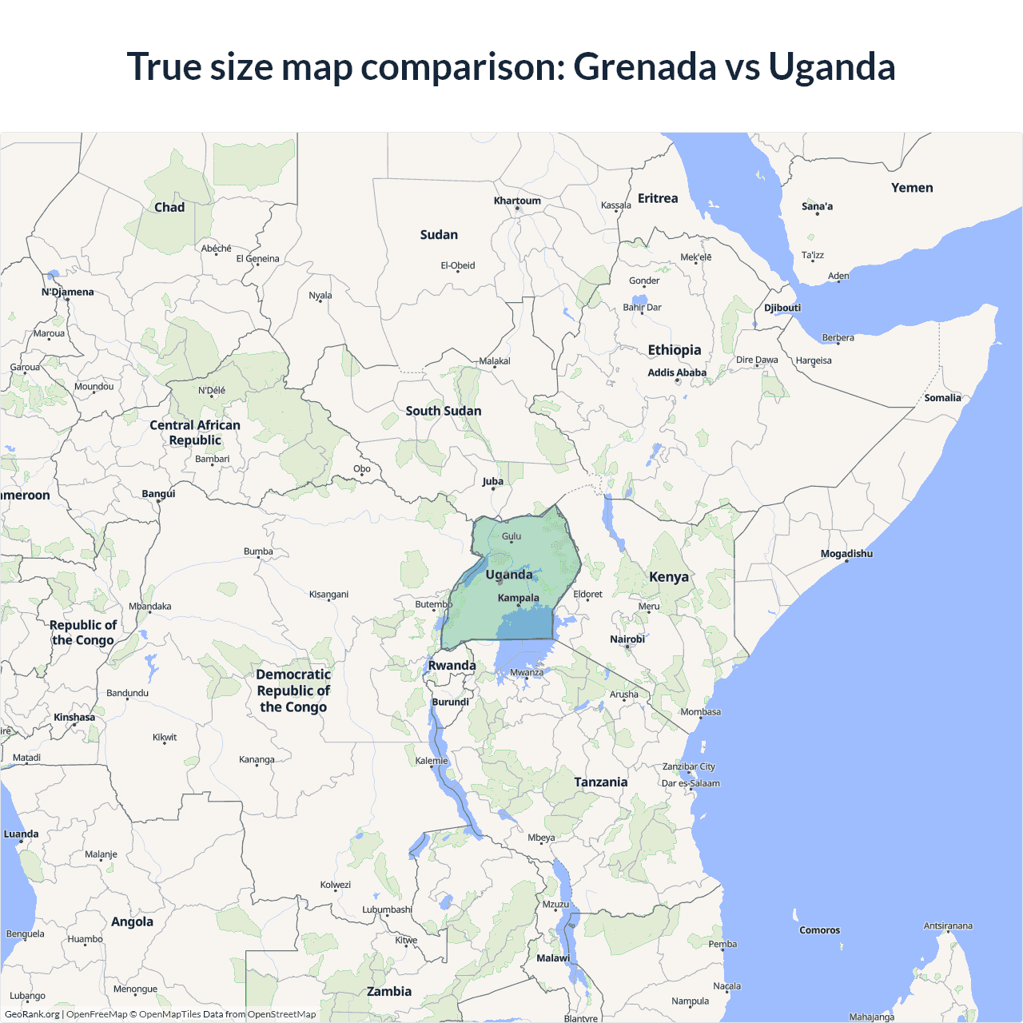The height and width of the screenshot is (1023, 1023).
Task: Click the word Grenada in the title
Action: click(644, 67)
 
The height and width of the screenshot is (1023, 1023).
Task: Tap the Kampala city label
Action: click(518, 598)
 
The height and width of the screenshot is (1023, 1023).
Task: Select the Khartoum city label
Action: click(517, 201)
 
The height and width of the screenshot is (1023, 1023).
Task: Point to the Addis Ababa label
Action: click(677, 372)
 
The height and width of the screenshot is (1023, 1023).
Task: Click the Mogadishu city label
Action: click(846, 554)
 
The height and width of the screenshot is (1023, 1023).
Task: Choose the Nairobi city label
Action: click(627, 639)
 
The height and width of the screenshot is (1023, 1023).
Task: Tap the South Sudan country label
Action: click(444, 411)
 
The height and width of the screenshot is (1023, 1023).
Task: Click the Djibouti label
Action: click(782, 308)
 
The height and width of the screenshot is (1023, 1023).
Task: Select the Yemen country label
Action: click(912, 188)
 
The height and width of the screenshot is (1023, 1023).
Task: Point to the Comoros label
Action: click(819, 930)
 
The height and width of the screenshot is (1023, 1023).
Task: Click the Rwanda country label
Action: click(452, 666)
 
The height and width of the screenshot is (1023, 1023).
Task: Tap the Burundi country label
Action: click(451, 703)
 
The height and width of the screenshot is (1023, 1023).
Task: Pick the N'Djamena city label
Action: click(68, 293)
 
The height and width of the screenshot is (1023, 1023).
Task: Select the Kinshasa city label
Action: click(74, 718)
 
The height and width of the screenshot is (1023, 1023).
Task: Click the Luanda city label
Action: click(22, 834)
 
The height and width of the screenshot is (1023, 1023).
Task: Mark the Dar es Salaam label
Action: click(691, 783)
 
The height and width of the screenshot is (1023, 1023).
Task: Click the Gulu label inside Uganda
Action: click(511, 536)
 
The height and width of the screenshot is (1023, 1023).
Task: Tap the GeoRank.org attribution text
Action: click(32, 1014)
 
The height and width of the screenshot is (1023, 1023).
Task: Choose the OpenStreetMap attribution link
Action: click(281, 1014)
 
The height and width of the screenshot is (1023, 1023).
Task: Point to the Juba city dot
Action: click(493, 489)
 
